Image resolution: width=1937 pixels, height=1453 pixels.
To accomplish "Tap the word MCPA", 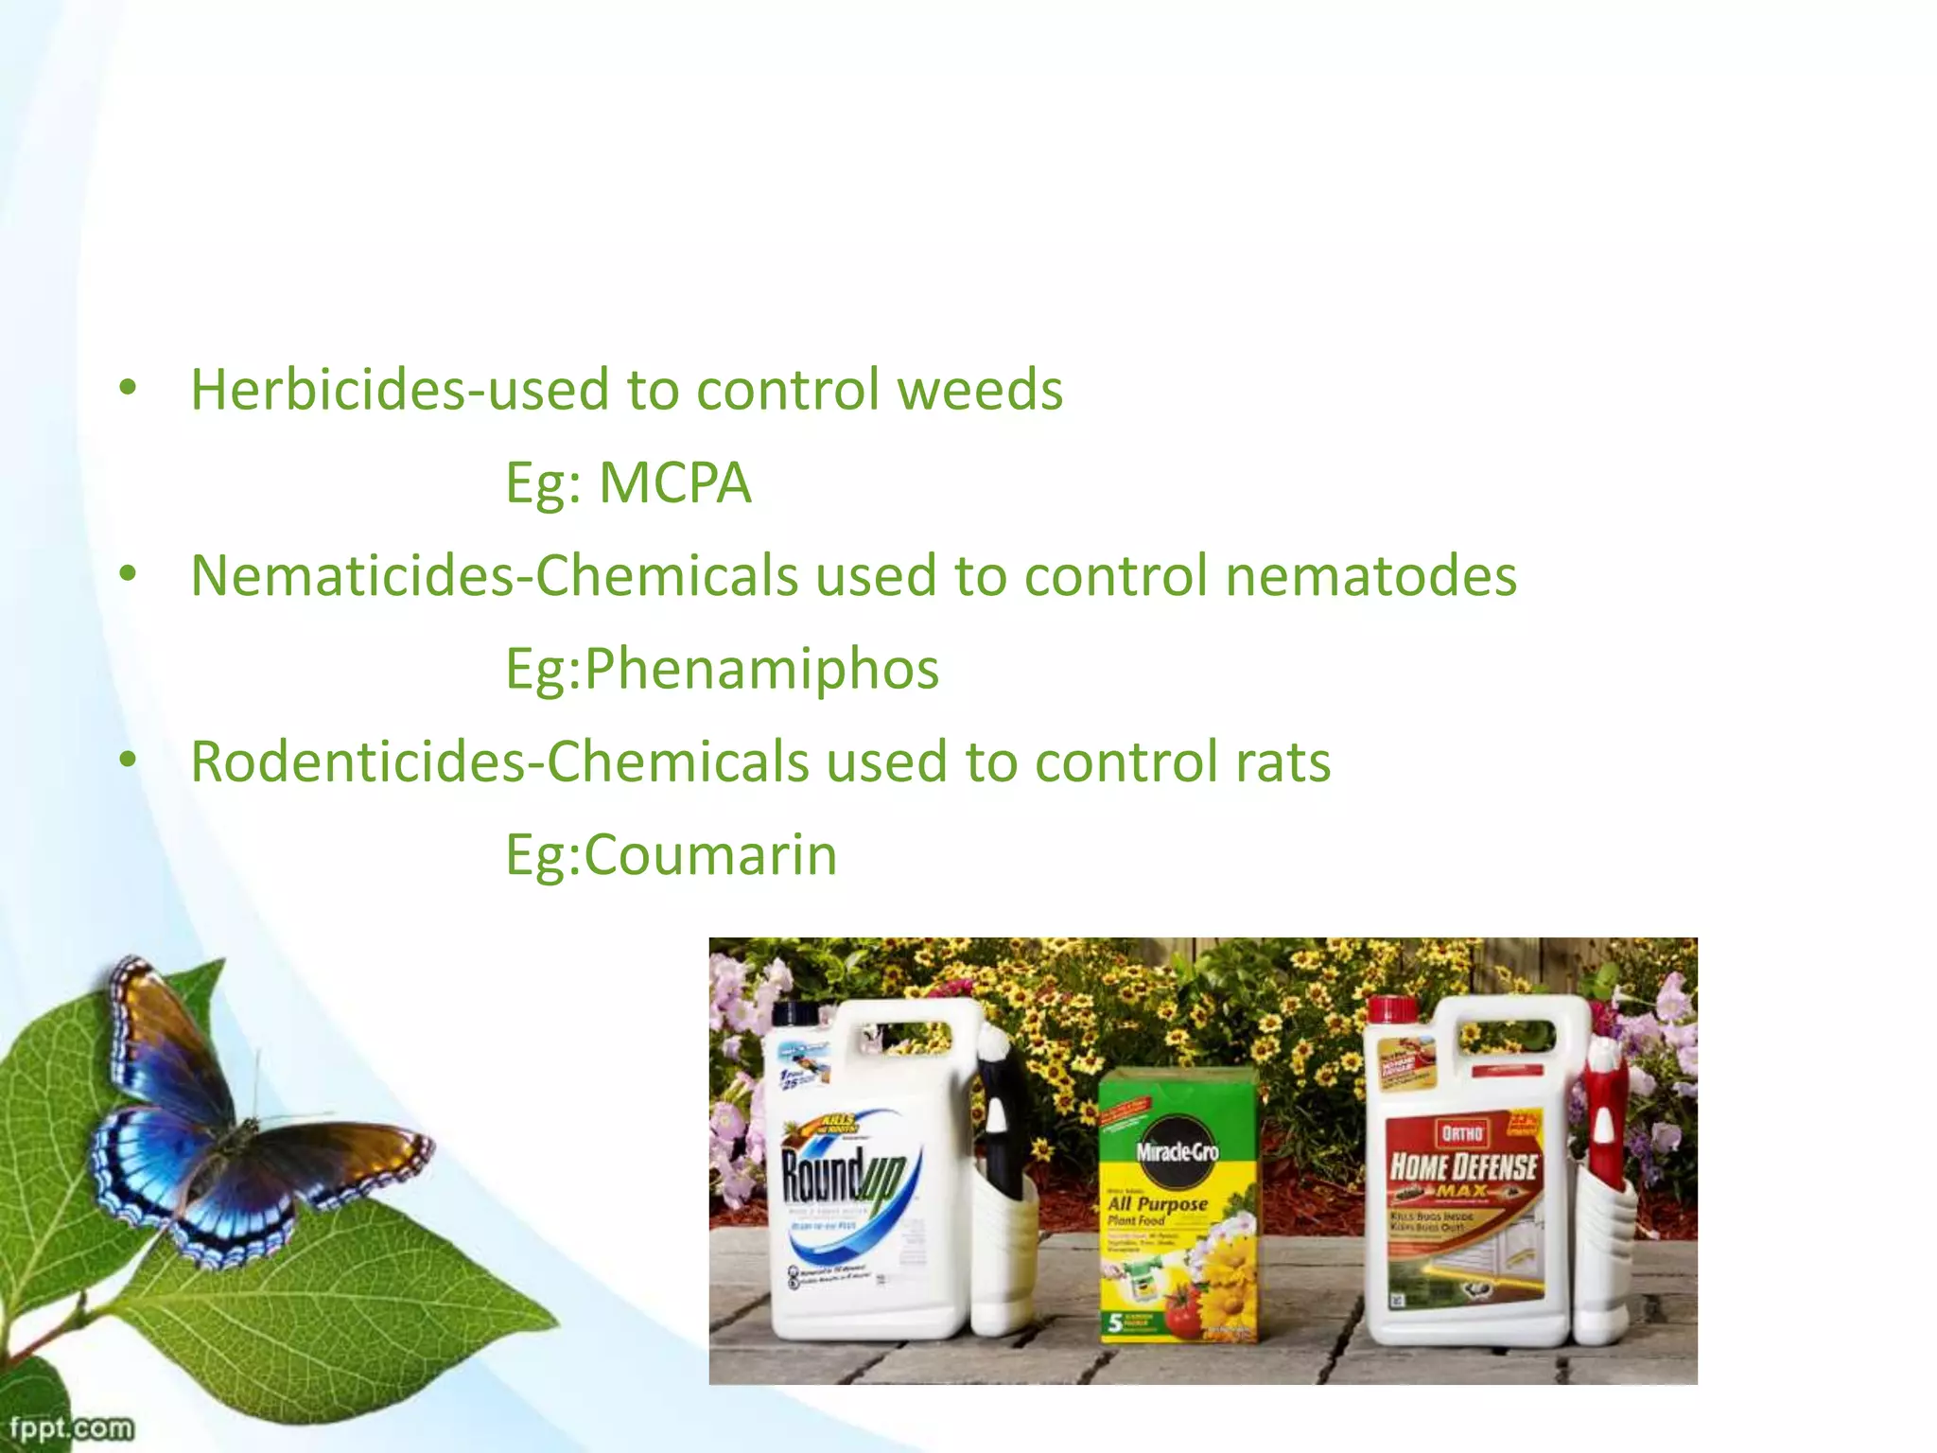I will (674, 483).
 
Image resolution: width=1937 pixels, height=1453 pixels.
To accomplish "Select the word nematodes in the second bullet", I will (1370, 576).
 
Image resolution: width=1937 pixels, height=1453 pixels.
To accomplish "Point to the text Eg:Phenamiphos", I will (722, 669).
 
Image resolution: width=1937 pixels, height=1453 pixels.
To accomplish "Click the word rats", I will (1283, 762).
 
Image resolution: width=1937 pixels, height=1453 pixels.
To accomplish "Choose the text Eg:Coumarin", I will (671, 855).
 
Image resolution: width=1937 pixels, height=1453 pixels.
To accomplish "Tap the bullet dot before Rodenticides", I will (129, 761).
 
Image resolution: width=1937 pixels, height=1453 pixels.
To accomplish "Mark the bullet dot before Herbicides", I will (129, 388).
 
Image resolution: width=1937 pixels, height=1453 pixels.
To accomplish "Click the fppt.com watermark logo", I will (71, 1427).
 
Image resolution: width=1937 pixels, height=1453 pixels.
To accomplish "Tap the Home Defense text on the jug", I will (1463, 1165).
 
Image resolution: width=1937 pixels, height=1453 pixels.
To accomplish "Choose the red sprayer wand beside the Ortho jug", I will (1604, 1116).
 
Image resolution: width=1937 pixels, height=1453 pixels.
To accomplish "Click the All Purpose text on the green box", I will (1158, 1204).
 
